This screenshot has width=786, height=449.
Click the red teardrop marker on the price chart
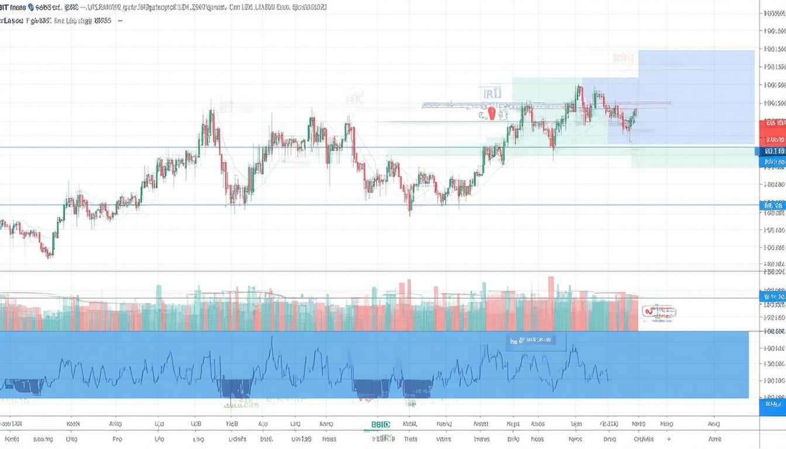[491, 113]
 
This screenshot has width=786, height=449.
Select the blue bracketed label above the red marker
[492, 93]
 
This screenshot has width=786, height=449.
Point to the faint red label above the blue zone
[623, 58]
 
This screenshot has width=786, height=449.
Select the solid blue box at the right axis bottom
[772, 404]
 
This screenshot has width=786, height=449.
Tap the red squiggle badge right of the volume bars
[659, 312]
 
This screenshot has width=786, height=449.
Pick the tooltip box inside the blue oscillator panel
[536, 340]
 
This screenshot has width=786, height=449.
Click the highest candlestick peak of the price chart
[579, 89]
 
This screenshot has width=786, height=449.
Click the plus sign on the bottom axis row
[669, 438]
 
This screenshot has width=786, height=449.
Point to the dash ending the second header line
[120, 20]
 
